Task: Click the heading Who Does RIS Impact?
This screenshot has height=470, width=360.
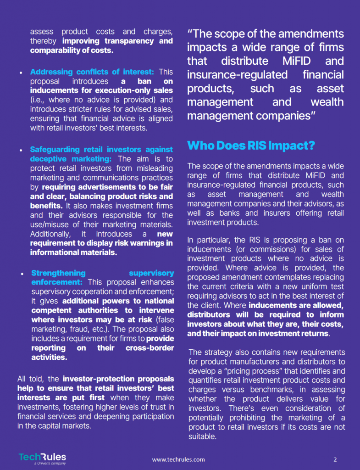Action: coord(251,146)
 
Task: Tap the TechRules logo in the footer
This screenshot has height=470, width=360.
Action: coord(42,458)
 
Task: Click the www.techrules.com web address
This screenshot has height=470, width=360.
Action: coord(178,459)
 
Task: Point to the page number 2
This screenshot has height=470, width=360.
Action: coord(335,459)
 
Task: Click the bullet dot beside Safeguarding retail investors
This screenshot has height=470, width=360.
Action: coord(21,150)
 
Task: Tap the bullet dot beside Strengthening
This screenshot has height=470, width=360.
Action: coord(22,274)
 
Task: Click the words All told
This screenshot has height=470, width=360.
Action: coord(32,379)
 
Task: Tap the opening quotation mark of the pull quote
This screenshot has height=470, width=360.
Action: coord(190,34)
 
